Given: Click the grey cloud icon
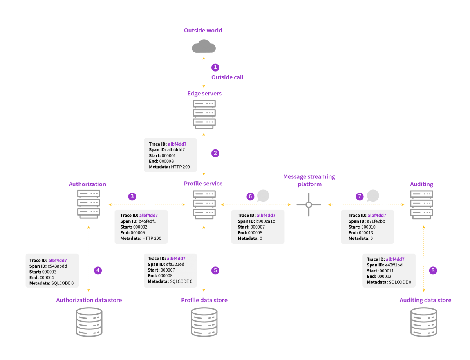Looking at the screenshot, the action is pos(204,46).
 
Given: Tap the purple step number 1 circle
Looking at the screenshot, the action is pos(215,67).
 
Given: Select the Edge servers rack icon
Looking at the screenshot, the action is pos(204,114).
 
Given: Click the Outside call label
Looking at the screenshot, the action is pos(227,77).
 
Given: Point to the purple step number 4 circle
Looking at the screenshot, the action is pos(98,270).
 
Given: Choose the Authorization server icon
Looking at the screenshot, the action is pos(89,204).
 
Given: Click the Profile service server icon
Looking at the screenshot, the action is pos(204,205).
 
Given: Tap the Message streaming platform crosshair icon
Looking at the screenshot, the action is pos(309,205).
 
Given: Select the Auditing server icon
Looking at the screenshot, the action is pos(421,205).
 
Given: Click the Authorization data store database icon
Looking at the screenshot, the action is pos(89,322).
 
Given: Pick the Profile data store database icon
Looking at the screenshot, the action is pos(204,322).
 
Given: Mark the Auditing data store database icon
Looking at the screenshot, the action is pos(423,322).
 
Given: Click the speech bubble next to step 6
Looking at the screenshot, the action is pos(263,196).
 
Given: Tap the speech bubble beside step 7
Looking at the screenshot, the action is pos(373,196).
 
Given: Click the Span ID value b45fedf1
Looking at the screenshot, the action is pos(147,221).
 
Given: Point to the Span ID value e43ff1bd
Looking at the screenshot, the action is pos(394,265).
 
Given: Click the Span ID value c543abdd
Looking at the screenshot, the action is pos(57,266).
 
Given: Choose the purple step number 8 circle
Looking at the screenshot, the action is pos(433,270).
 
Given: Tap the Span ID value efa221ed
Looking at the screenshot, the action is pos(175,264).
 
